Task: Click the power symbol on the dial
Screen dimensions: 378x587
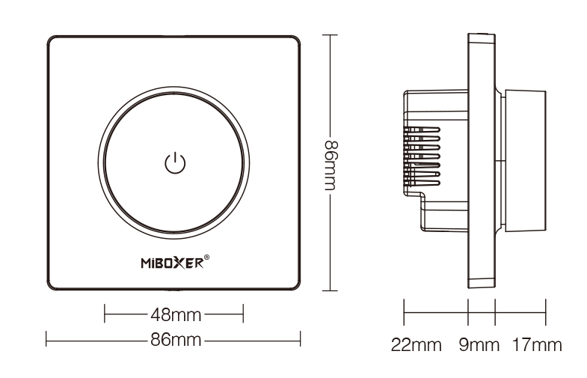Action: coord(173,162)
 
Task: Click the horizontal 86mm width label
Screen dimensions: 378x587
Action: coord(173,340)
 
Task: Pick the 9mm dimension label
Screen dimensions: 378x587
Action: coord(479,345)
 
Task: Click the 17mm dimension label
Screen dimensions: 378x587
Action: coord(536,345)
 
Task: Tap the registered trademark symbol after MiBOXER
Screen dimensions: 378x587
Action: coord(206,258)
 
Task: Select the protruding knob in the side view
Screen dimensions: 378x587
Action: coord(525,162)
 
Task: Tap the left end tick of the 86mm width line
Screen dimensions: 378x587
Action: coord(46,340)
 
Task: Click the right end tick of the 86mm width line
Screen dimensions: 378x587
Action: coord(301,340)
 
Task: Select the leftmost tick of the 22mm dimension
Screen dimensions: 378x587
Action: coord(405,312)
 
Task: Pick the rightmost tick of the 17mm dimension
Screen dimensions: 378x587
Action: coord(546,312)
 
